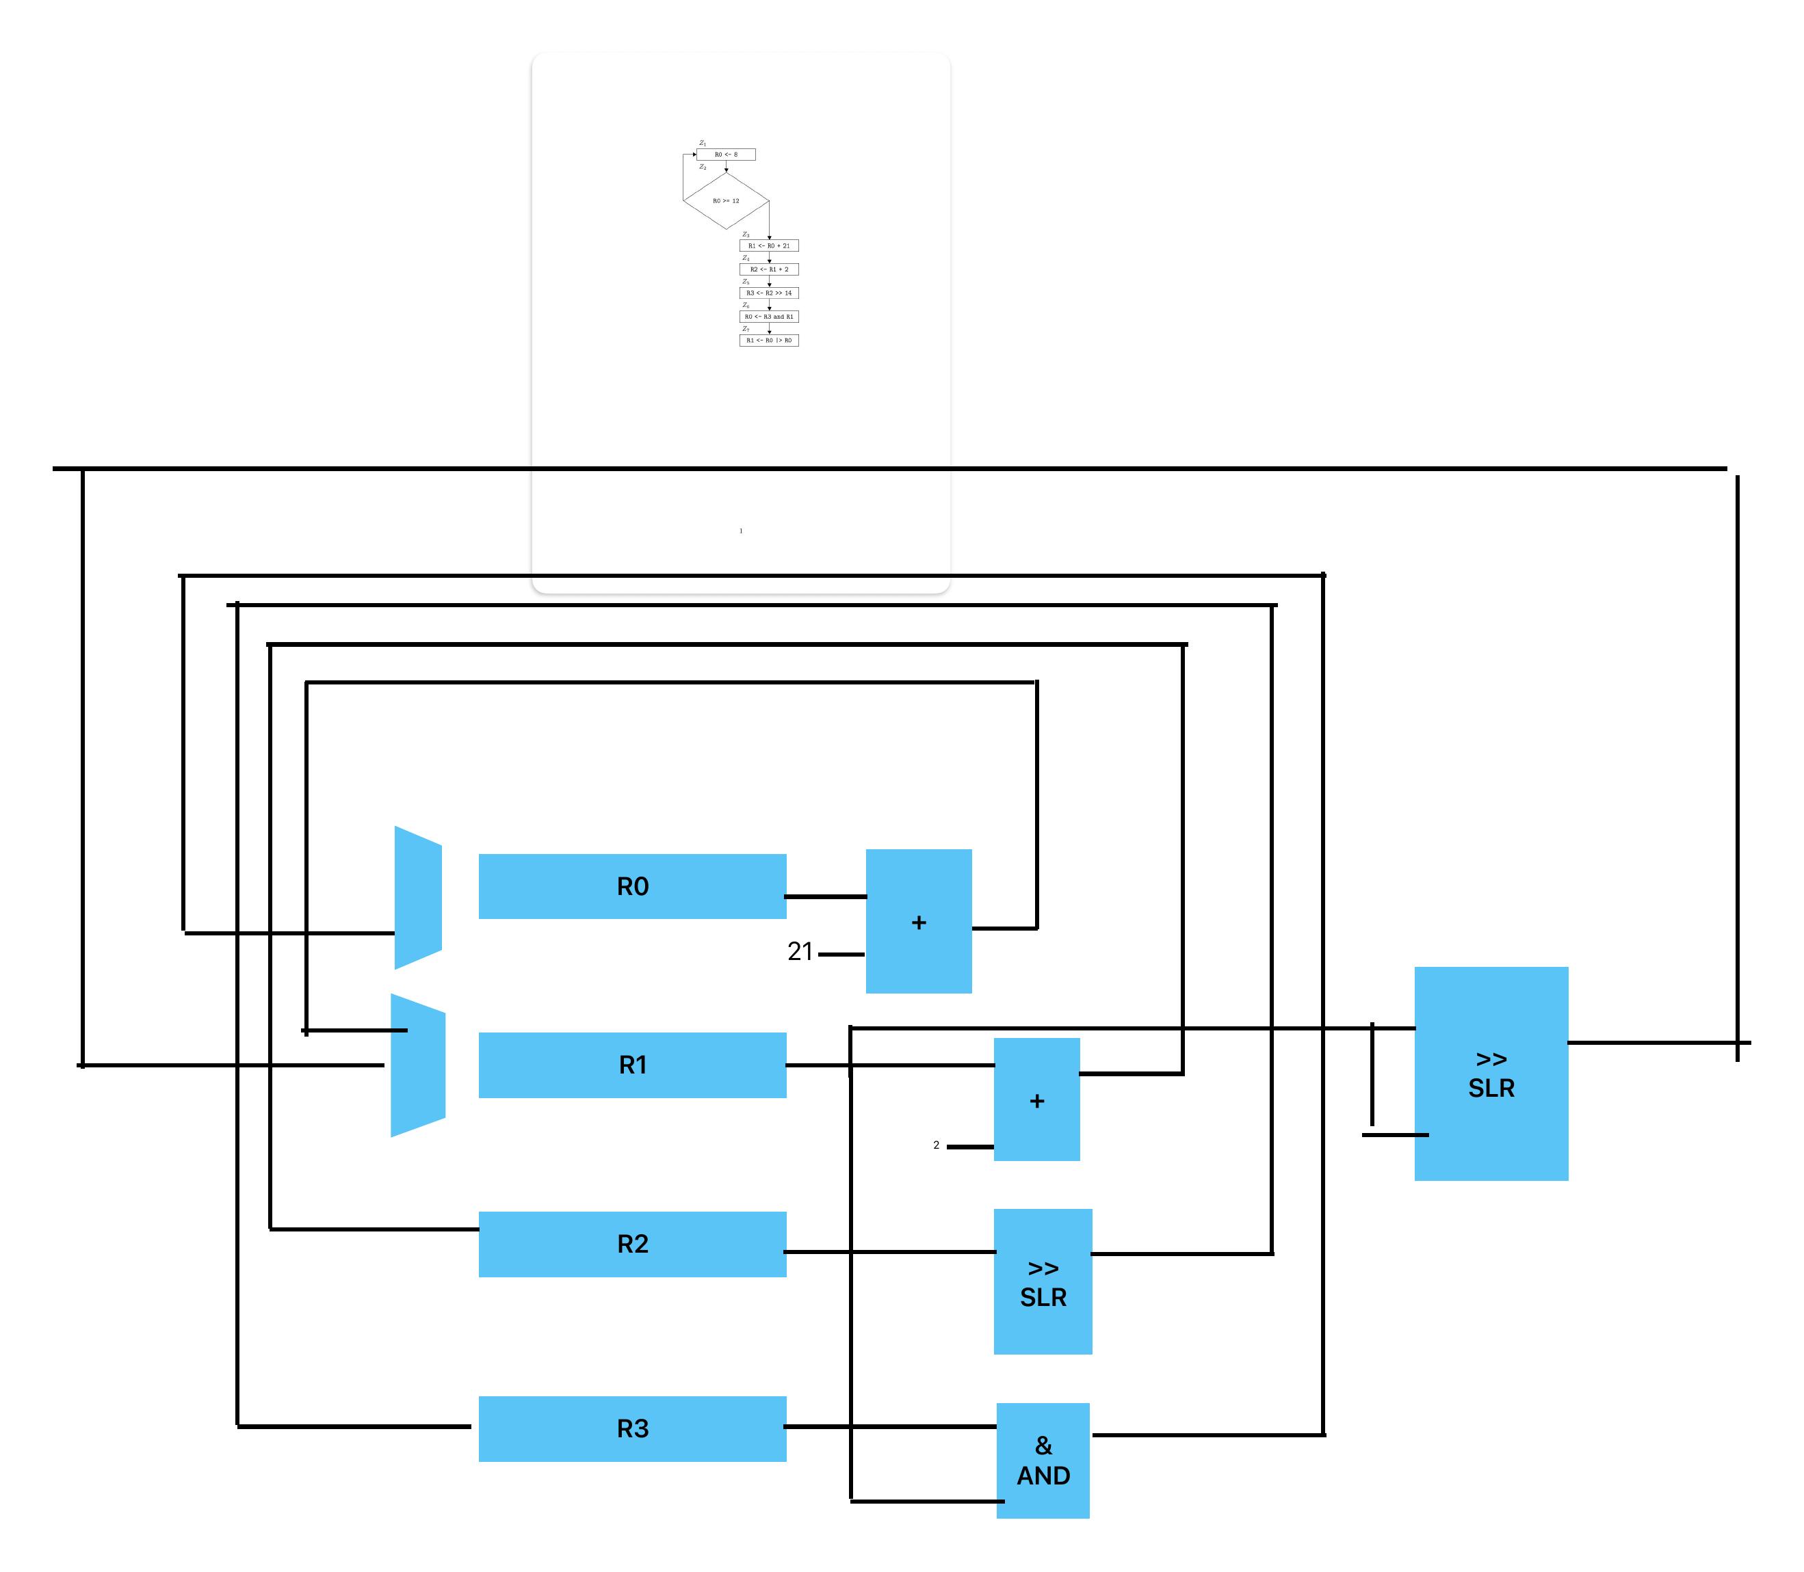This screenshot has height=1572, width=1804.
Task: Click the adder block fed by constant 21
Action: (x=919, y=921)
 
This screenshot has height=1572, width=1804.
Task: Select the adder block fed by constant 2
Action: (x=1036, y=1100)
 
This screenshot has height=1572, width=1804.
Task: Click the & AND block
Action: (x=1043, y=1461)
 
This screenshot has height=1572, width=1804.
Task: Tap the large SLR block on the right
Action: (x=1491, y=1073)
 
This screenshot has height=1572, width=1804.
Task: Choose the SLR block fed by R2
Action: (x=1043, y=1281)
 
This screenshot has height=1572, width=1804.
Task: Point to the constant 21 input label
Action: (x=799, y=952)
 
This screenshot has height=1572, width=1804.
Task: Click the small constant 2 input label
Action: (x=937, y=1145)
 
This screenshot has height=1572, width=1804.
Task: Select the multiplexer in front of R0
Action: (x=418, y=897)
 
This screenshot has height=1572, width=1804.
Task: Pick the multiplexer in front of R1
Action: (x=418, y=1065)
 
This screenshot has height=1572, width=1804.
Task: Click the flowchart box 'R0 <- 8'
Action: (x=726, y=155)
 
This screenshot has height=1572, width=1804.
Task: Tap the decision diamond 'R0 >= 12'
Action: (x=726, y=201)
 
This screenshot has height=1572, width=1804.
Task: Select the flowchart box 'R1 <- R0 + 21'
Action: (x=769, y=245)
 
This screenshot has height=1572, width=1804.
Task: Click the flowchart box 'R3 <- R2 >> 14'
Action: (x=769, y=293)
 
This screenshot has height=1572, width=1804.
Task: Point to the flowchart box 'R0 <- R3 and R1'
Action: (x=769, y=317)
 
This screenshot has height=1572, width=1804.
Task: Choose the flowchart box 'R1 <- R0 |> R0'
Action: (x=769, y=341)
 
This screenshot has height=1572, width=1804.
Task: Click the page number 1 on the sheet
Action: (x=741, y=531)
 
